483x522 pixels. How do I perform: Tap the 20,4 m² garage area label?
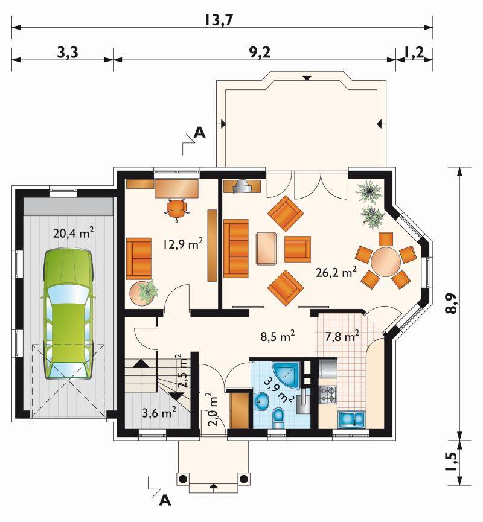click(x=73, y=233)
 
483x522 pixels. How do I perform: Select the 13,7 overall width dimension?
click(x=219, y=21)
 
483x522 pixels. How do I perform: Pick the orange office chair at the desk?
click(x=176, y=209)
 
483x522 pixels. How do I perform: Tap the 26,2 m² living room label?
click(x=336, y=272)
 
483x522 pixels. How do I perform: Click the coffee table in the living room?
click(x=266, y=249)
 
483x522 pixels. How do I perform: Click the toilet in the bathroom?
click(x=278, y=418)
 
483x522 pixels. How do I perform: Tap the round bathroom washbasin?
click(x=262, y=401)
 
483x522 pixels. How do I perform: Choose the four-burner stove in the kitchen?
click(x=328, y=395)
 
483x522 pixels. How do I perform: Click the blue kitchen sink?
click(x=352, y=419)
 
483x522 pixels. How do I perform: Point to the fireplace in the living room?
click(x=242, y=186)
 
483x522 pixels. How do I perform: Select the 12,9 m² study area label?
click(x=183, y=244)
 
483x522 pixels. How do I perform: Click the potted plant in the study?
click(x=144, y=293)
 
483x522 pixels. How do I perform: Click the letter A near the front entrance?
click(x=165, y=500)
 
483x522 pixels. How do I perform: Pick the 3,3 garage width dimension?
click(x=68, y=53)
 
